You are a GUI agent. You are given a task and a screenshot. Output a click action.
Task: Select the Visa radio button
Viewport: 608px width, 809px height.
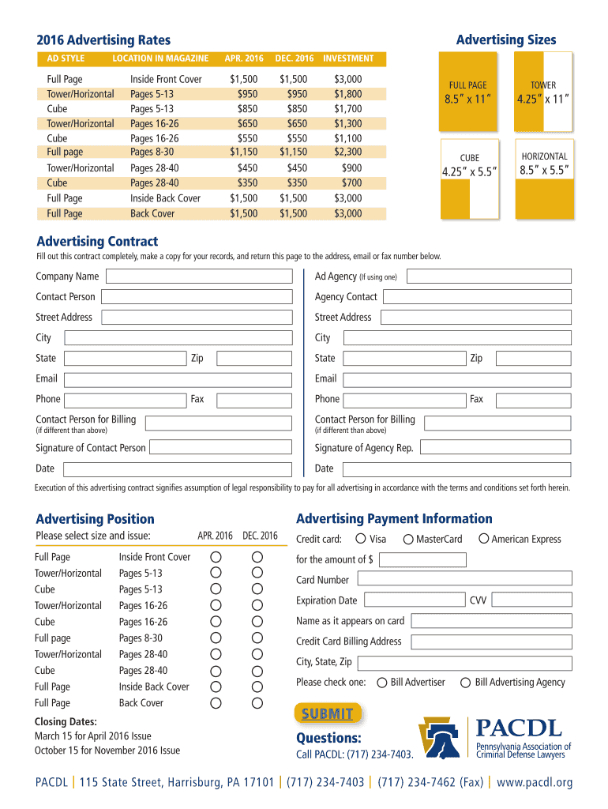coord(361,539)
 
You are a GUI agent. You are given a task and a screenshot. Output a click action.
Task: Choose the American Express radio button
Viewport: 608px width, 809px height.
coord(483,539)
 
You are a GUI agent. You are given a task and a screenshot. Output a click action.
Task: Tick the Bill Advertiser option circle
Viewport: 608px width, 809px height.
coord(383,683)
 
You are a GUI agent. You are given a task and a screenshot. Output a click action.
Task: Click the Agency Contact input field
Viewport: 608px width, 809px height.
coord(477,297)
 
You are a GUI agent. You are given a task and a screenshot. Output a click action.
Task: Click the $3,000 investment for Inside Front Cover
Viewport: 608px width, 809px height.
coord(347,79)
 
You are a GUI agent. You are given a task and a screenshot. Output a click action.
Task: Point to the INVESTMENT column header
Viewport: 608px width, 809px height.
coord(348,58)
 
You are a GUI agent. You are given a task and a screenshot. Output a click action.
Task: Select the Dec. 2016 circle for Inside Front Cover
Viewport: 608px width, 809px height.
coord(257,557)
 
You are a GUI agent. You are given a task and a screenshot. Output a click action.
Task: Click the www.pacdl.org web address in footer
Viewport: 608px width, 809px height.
coord(535,783)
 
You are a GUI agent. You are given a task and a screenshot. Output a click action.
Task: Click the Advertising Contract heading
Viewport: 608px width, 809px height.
coord(97,242)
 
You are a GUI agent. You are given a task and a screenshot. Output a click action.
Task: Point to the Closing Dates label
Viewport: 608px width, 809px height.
coord(66,721)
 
